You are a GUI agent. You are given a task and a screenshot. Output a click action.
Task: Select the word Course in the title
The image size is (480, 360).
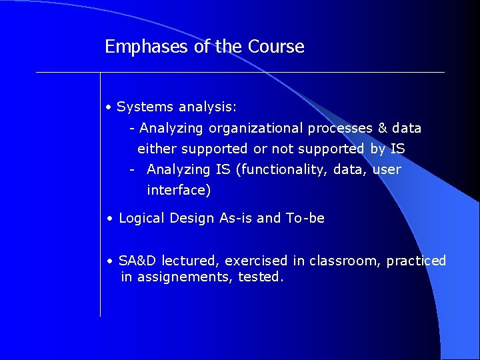point(276,47)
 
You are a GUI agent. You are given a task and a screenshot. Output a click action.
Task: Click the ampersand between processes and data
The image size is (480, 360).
point(383,128)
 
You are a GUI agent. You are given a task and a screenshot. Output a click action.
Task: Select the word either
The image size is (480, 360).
point(157,149)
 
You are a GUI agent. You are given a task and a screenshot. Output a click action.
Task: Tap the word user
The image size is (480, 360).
point(387,170)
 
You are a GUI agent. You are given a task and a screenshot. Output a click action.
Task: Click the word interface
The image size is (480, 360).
point(178,191)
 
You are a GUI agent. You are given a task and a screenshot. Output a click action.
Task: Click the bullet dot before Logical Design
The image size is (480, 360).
point(109,219)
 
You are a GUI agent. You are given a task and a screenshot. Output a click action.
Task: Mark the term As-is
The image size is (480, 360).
point(236,219)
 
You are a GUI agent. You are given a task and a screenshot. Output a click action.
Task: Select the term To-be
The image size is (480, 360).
point(305,219)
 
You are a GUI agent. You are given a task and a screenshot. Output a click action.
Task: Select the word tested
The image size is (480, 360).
point(261,277)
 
